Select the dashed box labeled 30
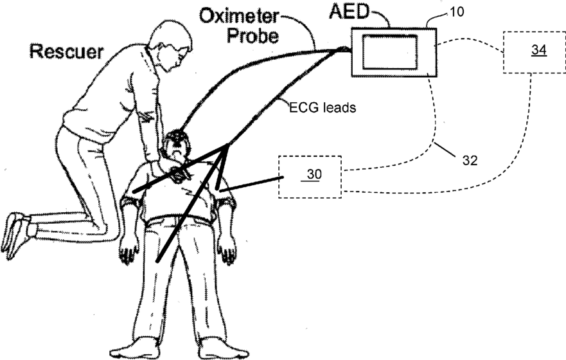[x=310, y=175]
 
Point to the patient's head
[x=176, y=147]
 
